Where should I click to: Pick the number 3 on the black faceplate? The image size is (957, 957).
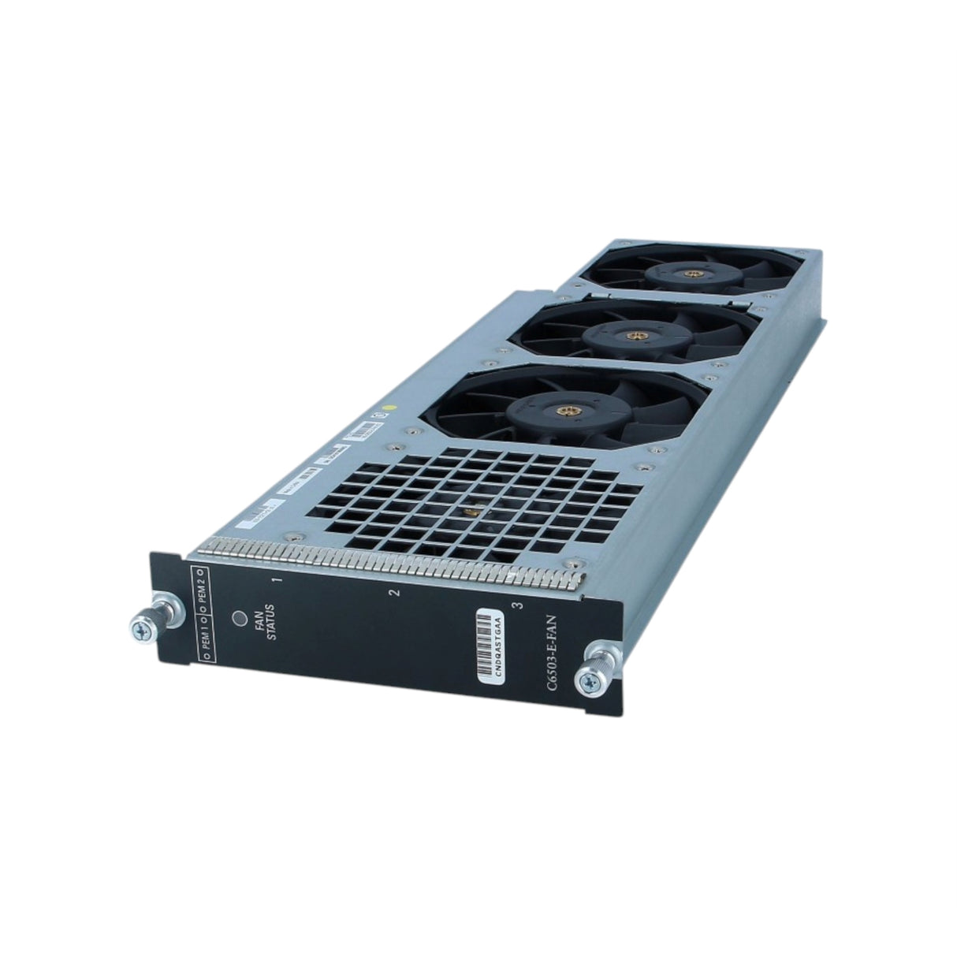516,605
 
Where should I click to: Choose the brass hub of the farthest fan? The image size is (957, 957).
691,275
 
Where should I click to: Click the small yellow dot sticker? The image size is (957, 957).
385,409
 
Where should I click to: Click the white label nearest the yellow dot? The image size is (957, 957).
362,433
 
